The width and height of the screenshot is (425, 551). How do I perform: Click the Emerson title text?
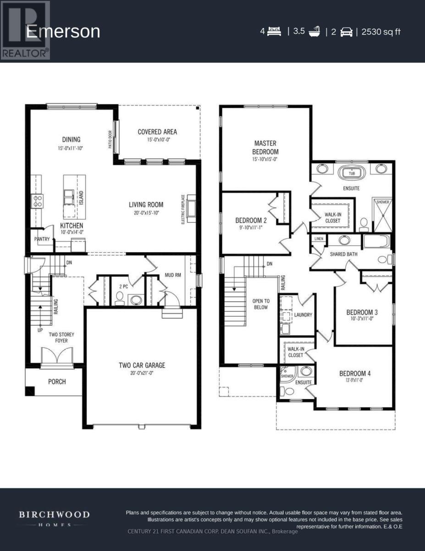pos(63,32)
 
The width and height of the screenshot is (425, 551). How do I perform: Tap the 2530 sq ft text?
pos(381,32)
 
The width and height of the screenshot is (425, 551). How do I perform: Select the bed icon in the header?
pos(274,32)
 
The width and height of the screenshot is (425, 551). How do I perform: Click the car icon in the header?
pos(346,32)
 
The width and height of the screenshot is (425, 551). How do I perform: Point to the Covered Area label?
pos(157,132)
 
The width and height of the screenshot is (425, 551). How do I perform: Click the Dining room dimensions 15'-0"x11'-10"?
pos(71,148)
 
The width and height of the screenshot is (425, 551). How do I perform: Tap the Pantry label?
pos(42,239)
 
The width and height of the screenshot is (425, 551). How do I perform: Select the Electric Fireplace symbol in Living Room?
pos(191,205)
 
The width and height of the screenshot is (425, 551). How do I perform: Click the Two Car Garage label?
pos(142,365)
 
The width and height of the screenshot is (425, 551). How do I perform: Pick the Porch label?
pos(57,382)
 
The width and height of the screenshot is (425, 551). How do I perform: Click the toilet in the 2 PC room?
pos(120,299)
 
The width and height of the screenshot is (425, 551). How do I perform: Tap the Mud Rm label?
pos(173,275)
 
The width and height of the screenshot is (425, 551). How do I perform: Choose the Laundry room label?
pos(304,315)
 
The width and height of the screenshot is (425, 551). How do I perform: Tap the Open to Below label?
pos(260,304)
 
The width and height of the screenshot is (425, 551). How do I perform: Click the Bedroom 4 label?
pos(355,373)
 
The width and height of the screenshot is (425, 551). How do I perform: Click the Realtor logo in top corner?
pos(25,30)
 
